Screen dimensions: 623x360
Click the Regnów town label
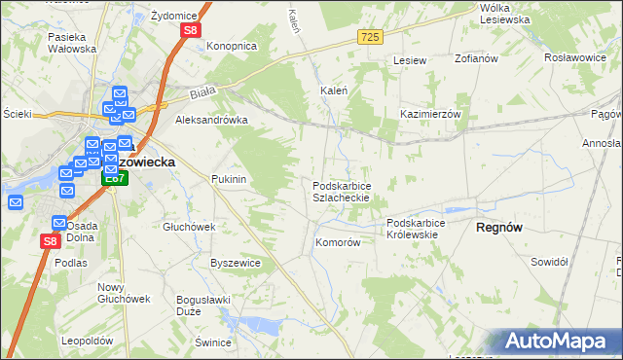pyautogui.click(x=499, y=227)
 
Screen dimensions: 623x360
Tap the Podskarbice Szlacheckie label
pyautogui.click(x=340, y=191)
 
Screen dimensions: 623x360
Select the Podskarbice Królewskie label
pyautogui.click(x=416, y=229)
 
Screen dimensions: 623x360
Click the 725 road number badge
pyautogui.click(x=370, y=37)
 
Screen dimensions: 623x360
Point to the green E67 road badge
pyautogui.click(x=115, y=178)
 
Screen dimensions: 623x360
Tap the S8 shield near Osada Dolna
pyautogui.click(x=51, y=240)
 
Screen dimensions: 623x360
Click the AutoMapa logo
pyautogui.click(x=559, y=341)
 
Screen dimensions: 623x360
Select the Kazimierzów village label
pyautogui.click(x=429, y=114)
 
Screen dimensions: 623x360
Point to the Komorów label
pyautogui.click(x=338, y=242)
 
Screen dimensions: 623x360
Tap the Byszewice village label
pyautogui.click(x=236, y=263)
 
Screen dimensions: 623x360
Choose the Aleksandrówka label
pyautogui.click(x=210, y=121)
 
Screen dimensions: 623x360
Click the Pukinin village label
pyautogui.click(x=229, y=180)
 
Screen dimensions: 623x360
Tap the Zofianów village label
pyautogui.click(x=476, y=58)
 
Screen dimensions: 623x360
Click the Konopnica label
pyautogui.click(x=231, y=46)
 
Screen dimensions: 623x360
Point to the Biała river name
pyautogui.click(x=202, y=95)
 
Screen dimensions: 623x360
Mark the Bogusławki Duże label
pyautogui.click(x=196, y=306)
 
